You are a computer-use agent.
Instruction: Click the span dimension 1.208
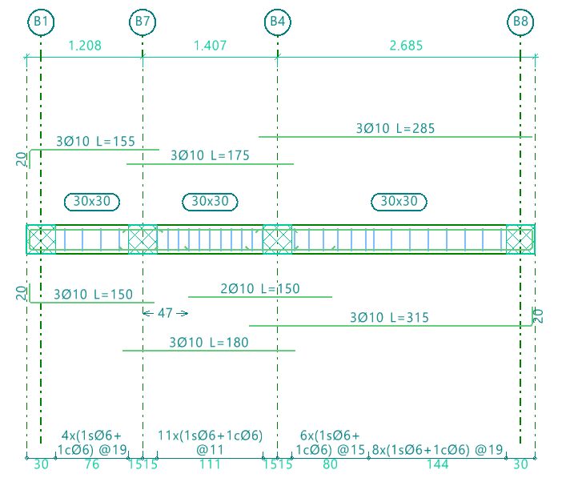click(85, 46)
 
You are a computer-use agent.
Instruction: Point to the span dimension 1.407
click(210, 46)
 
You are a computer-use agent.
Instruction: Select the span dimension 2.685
click(406, 46)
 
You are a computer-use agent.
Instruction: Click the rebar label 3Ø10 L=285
click(395, 129)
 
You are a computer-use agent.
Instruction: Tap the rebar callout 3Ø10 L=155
click(95, 142)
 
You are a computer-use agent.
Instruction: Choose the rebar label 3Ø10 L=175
click(210, 155)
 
